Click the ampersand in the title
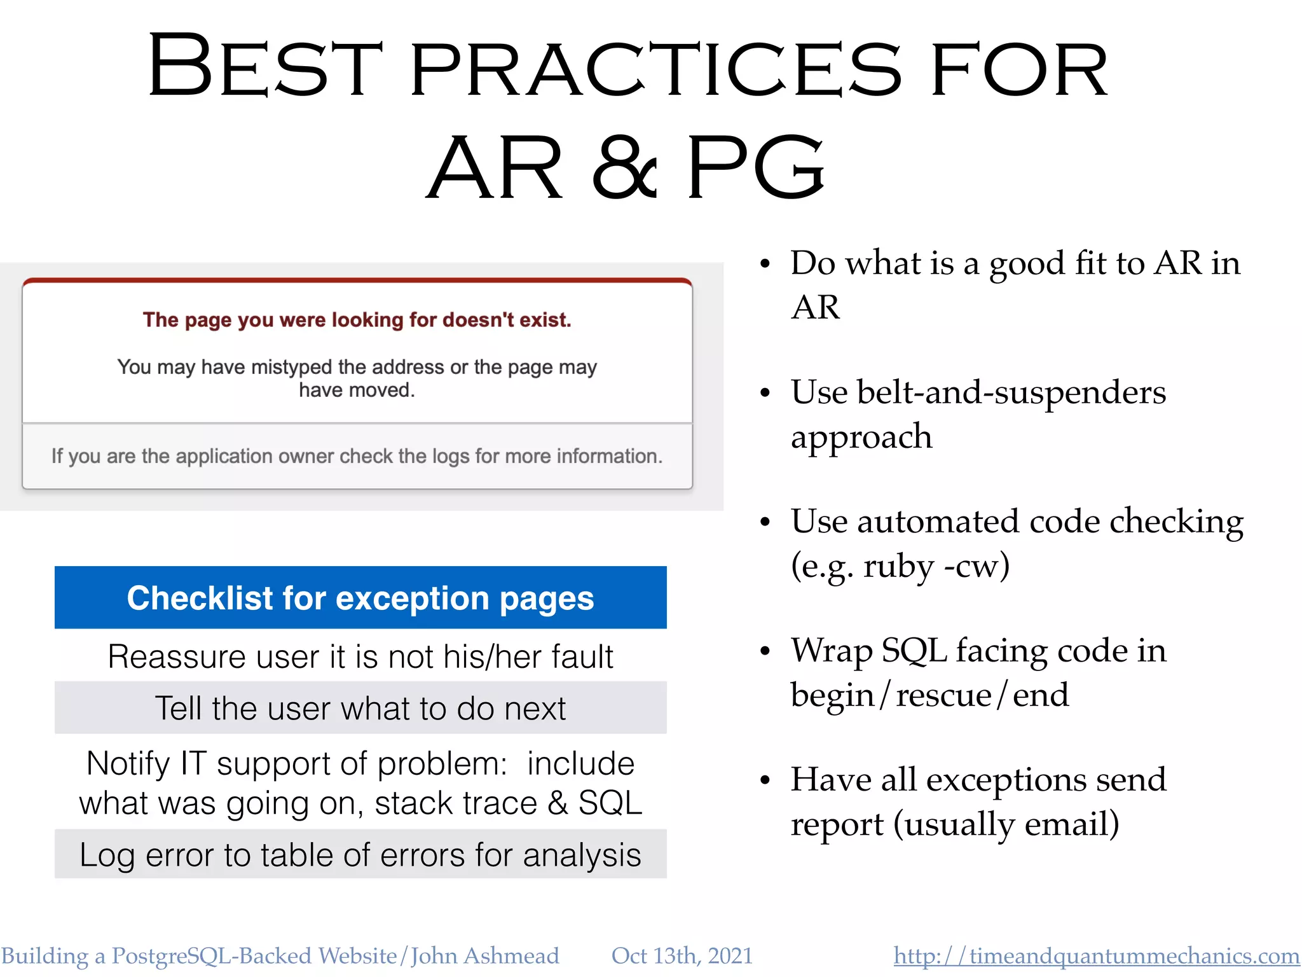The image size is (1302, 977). tap(624, 169)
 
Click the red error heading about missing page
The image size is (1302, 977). tap(357, 320)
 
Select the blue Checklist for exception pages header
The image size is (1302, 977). tap(360, 598)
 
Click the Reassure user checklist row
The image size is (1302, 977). tap(360, 656)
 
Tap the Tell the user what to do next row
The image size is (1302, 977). tap(360, 709)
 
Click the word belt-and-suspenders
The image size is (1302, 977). tap(1011, 392)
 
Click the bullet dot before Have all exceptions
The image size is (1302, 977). tap(765, 780)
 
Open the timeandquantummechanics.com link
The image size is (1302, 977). tap(1096, 956)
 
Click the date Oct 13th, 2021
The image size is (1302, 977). tap(682, 956)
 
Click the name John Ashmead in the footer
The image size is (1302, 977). tap(484, 956)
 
